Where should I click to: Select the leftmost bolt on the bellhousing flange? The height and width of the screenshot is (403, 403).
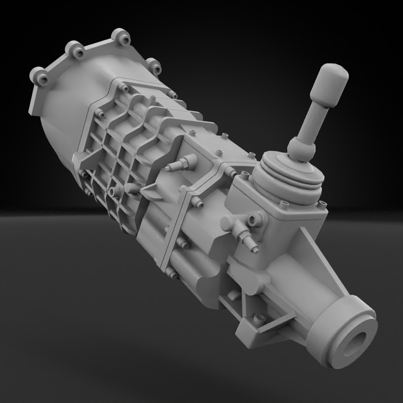point(40,76)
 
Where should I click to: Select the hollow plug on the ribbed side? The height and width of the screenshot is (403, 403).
point(115,191)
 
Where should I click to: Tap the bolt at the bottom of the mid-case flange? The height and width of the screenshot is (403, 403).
point(172,275)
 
